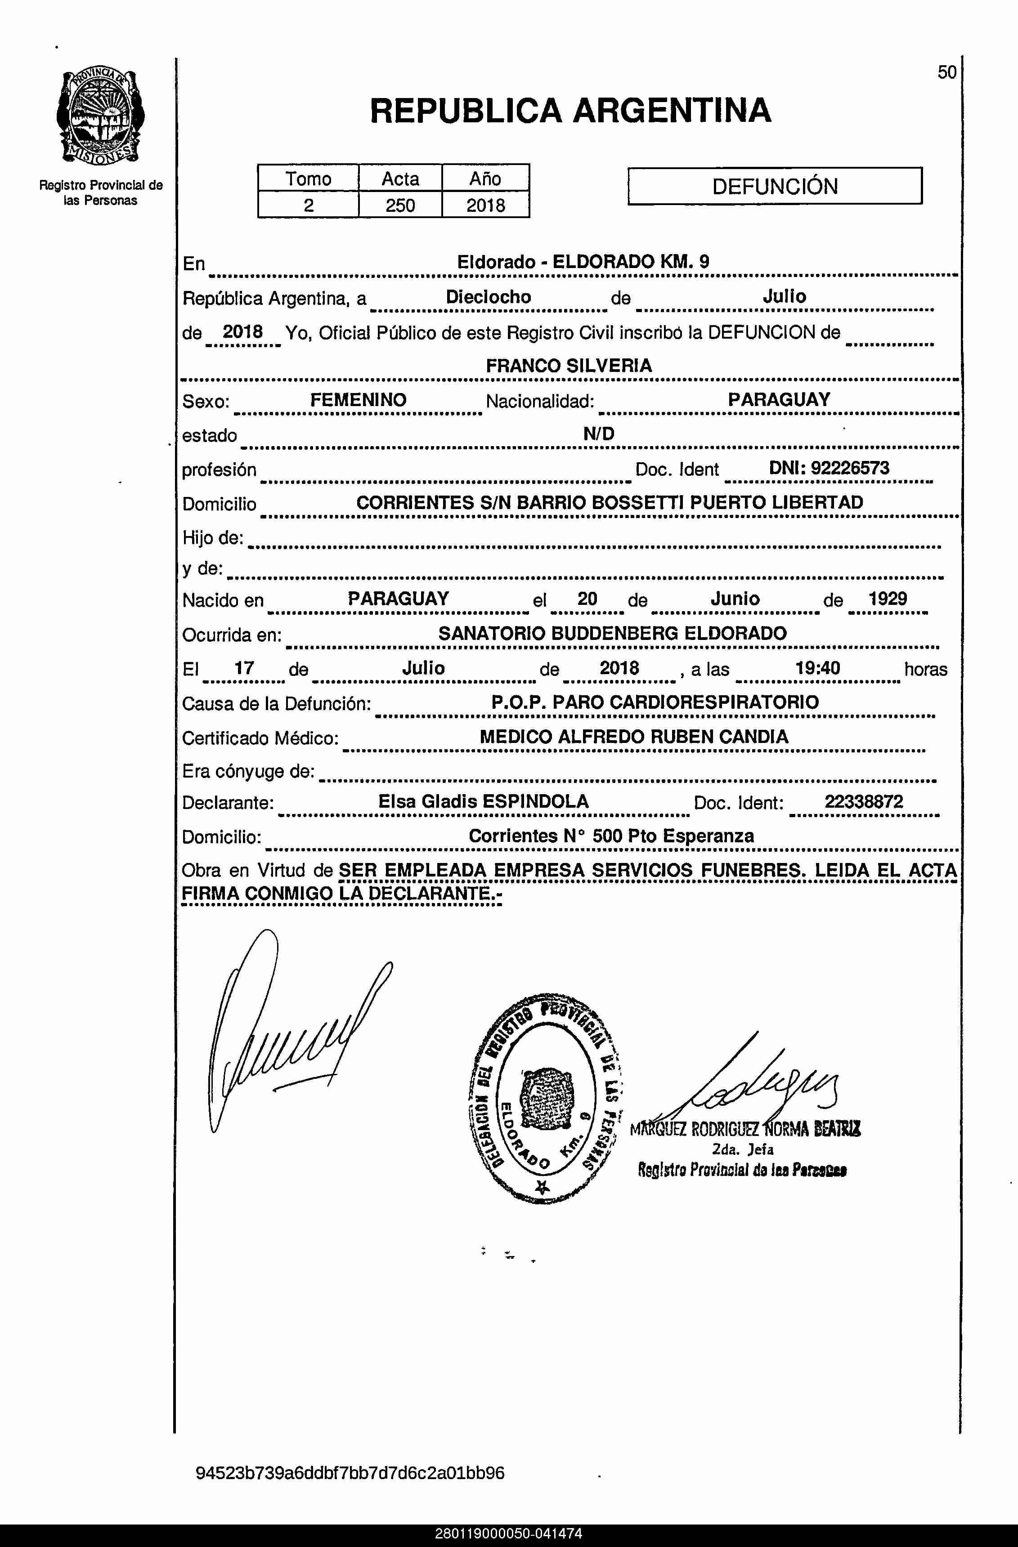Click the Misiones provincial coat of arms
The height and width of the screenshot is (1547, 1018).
point(100,116)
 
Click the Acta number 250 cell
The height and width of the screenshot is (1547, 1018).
point(400,206)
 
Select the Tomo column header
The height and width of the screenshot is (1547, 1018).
point(308,179)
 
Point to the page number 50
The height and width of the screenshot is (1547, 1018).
point(946,72)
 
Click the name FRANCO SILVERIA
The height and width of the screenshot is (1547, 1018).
point(569,366)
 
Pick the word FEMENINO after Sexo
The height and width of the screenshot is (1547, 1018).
point(358,400)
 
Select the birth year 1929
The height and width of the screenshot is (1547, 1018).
point(888,599)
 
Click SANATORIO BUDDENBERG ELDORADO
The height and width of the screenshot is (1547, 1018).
point(612,633)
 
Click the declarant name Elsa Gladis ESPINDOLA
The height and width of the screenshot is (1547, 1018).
point(484,801)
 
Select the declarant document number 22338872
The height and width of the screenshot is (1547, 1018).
point(864,801)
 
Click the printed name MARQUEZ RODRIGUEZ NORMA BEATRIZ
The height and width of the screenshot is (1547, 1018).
point(745,1129)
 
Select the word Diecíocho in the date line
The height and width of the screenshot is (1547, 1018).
point(488,297)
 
